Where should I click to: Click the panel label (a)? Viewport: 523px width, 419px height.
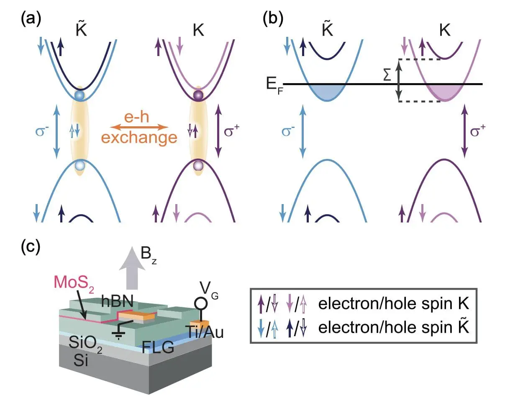click(x=31, y=19)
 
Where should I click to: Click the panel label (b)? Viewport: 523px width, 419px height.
click(x=273, y=19)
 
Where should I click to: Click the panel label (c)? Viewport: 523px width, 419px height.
click(x=31, y=246)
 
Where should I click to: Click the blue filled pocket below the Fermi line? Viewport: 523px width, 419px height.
click(x=327, y=92)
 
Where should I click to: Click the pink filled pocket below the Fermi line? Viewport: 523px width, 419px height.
click(x=445, y=92)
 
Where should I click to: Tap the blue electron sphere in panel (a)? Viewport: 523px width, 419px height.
click(x=79, y=95)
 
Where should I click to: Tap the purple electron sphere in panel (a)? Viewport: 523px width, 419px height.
click(x=198, y=95)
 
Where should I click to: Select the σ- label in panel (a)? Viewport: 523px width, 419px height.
click(x=42, y=131)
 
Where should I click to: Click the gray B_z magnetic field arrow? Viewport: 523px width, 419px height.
click(x=132, y=268)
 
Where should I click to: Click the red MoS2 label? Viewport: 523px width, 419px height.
click(x=74, y=283)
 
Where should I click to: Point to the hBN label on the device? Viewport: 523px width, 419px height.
click(x=117, y=301)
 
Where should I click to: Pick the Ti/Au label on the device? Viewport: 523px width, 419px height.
click(x=205, y=332)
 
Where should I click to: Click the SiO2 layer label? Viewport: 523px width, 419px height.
click(x=85, y=342)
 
